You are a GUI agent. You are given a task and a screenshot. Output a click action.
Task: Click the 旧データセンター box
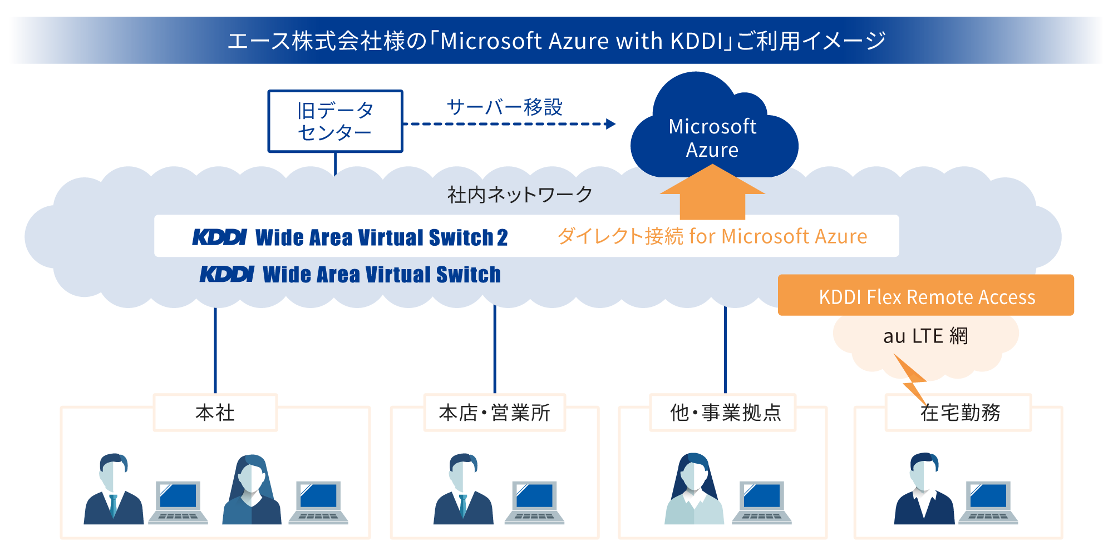pos(335,121)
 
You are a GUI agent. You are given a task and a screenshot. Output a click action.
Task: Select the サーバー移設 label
pos(504,107)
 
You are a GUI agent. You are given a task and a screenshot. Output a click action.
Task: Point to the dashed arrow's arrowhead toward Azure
pos(610,123)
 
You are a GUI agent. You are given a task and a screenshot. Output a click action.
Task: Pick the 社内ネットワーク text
pos(520,195)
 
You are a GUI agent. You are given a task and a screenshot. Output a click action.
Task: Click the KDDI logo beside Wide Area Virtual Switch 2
pos(219,237)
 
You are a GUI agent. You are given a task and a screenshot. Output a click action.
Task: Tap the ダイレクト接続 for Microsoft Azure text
pos(712,236)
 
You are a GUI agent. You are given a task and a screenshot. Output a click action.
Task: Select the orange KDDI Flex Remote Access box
pos(926,296)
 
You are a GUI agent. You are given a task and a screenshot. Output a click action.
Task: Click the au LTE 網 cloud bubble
pos(926,337)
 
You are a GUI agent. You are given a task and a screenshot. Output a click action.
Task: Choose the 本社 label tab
pos(215,413)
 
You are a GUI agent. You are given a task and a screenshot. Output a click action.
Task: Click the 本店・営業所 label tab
pos(494,413)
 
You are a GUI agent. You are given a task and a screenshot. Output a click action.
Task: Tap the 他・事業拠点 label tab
pos(725,413)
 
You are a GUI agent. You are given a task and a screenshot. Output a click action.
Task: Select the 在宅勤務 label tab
pos(960,413)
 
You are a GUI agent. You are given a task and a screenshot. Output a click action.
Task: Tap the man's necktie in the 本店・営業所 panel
pos(463,506)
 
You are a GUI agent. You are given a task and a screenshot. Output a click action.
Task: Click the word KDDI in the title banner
pos(696,41)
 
